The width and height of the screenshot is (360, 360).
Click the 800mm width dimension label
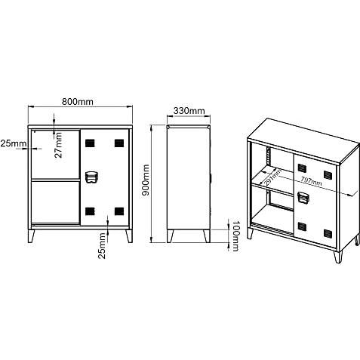pos(78,102)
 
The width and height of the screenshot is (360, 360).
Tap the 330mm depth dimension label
pos(189,111)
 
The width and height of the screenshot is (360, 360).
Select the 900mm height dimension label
pos(146,180)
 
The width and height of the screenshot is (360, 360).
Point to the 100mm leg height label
pos(235,236)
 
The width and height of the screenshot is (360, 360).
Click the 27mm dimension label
pos(58,145)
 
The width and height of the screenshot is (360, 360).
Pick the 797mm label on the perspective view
pos(311,181)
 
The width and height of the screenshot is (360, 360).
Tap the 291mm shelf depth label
pos(272,177)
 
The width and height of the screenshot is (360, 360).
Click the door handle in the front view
pos(91,177)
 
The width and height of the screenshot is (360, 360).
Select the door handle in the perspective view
pos(303,197)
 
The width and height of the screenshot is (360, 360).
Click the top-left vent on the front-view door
pos(90,143)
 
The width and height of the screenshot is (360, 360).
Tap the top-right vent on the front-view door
pos(119,143)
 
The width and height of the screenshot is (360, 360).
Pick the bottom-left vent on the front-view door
pos(90,211)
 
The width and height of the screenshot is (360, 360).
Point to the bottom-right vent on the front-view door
pos(119,211)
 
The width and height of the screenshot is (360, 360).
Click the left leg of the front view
pos(31,236)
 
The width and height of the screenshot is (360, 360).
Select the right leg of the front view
pos(129,236)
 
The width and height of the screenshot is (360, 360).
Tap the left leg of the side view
pos(170,236)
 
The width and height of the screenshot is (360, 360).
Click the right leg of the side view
pos(207,236)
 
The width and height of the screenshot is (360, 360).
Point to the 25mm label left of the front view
pos(14,143)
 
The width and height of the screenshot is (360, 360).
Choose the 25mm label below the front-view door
pos(102,246)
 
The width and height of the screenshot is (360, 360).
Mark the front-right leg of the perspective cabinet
pos(338,257)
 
